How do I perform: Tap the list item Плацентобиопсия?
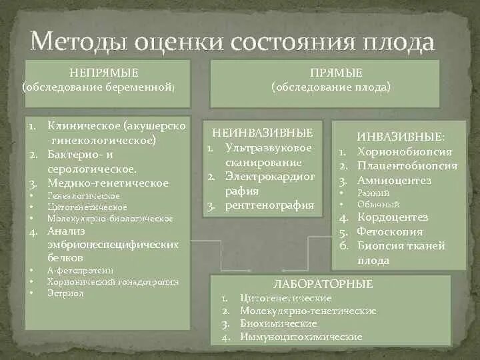(x=407, y=166)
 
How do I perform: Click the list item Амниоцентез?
(x=394, y=180)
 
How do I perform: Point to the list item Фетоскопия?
(x=390, y=231)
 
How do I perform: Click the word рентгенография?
(x=269, y=205)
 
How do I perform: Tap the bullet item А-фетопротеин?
(x=81, y=270)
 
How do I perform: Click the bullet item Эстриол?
(x=65, y=293)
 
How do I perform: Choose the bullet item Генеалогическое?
(x=83, y=195)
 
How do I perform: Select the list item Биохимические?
(x=269, y=323)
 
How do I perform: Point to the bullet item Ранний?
(x=369, y=193)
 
